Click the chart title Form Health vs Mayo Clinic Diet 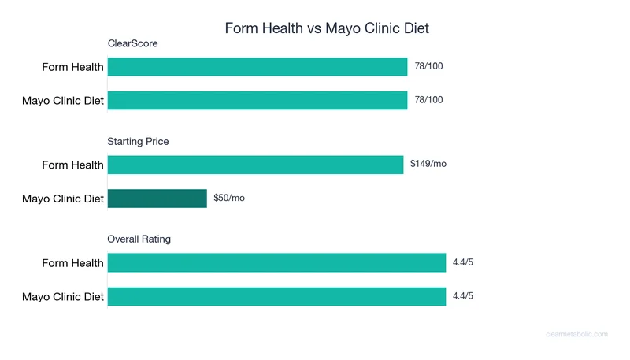point(327,28)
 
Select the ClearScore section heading point(132,43)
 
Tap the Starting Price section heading point(138,142)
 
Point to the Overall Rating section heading point(139,239)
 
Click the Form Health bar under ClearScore point(258,67)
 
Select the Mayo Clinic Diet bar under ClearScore point(258,101)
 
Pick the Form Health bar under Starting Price point(255,165)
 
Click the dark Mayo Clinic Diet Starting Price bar point(157,199)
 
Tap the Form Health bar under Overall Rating point(276,262)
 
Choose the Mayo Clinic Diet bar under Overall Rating point(276,296)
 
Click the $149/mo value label point(428,164)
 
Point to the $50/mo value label point(229,198)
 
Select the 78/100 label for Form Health point(428,66)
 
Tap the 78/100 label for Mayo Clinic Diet point(428,100)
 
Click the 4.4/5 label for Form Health point(463,262)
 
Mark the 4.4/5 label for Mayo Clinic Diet point(463,295)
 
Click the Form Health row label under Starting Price point(72,165)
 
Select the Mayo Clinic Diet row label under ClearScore point(63,101)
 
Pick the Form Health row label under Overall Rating point(72,262)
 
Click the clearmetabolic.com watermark point(576,334)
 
